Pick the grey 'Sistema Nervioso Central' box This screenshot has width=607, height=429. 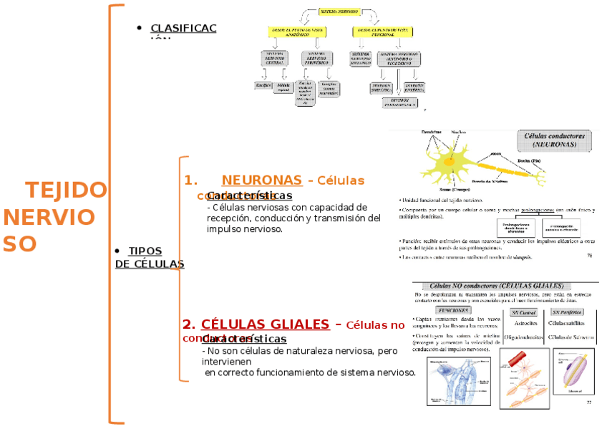(276, 58)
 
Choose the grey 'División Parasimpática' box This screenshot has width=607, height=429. (399, 102)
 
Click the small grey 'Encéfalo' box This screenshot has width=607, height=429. (263, 85)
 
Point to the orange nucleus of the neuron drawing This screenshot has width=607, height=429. (449, 161)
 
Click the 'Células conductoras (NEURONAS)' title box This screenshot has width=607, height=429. (555, 140)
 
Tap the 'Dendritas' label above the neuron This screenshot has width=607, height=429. (431, 132)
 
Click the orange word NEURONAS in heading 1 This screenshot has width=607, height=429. (261, 180)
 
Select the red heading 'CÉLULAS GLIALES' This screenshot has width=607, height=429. (265, 324)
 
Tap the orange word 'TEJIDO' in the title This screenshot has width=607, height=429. (66, 191)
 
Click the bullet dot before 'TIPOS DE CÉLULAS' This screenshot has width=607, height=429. (117, 251)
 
